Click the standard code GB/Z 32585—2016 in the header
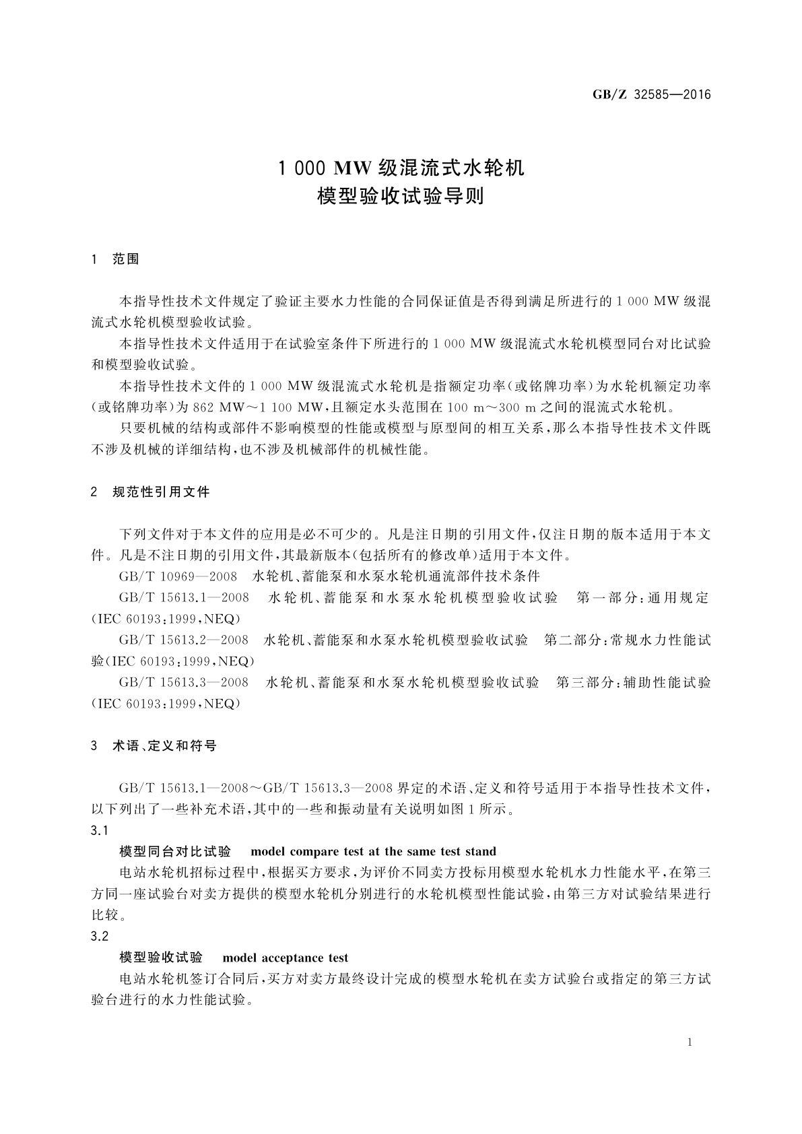[x=651, y=94]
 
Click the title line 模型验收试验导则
[x=401, y=197]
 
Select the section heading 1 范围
[x=115, y=260]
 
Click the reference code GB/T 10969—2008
[x=178, y=576]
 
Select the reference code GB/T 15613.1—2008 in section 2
[x=184, y=598]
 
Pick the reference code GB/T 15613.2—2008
[x=184, y=640]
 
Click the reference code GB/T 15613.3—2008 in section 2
[x=184, y=683]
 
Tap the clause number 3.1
[x=100, y=830]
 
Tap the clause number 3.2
[x=100, y=937]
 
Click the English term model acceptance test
[x=285, y=958]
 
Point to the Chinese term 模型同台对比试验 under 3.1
[x=175, y=852]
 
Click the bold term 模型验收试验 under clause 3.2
[x=161, y=958]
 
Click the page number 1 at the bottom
[x=690, y=1042]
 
